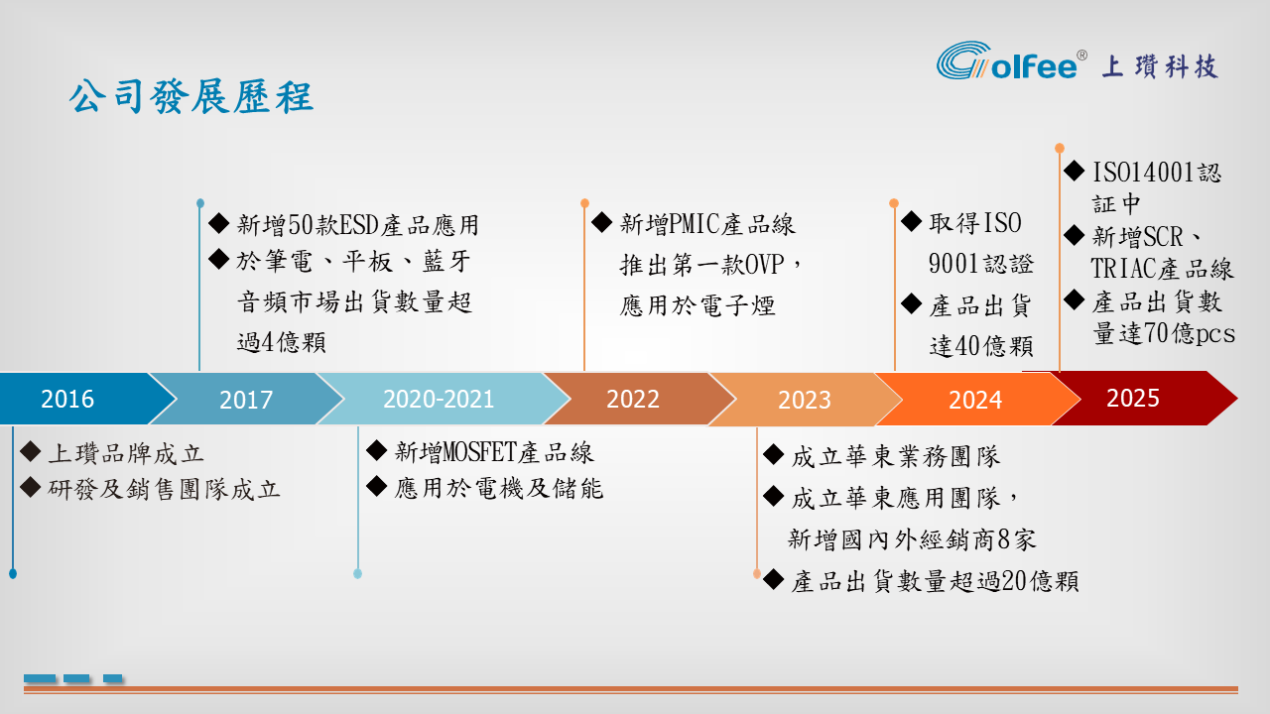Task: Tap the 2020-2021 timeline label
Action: click(439, 399)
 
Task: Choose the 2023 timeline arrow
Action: click(804, 399)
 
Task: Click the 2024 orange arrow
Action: click(975, 399)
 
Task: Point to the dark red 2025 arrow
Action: click(1140, 398)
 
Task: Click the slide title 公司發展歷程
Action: click(191, 96)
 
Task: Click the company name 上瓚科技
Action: click(1160, 66)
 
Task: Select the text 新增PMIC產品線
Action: click(707, 224)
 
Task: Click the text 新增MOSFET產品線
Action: click(494, 452)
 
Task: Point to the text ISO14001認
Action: click(1157, 173)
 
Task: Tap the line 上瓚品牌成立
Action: click(126, 453)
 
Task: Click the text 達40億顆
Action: click(981, 346)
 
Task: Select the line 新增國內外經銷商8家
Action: click(912, 539)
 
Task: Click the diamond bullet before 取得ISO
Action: click(911, 221)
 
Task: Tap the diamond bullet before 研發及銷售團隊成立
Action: click(31, 487)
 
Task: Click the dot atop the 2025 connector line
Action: click(1059, 149)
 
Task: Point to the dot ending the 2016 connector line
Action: click(13, 574)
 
